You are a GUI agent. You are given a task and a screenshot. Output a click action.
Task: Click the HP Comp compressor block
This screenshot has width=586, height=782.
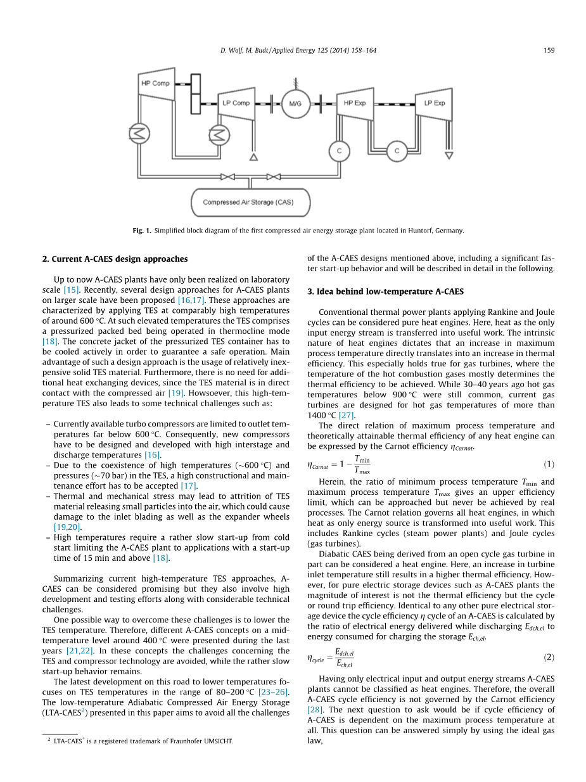pos(156,84)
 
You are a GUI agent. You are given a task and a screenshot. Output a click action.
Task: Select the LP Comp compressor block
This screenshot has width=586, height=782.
pos(236,103)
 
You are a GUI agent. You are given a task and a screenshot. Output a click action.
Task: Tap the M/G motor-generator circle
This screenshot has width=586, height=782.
pos(296,103)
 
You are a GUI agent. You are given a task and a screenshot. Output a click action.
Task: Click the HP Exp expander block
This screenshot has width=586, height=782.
pos(354,103)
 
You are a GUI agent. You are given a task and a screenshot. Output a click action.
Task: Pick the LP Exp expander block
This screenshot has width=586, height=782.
pos(434,103)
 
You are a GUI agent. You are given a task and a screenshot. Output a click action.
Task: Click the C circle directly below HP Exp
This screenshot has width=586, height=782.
pos(339,151)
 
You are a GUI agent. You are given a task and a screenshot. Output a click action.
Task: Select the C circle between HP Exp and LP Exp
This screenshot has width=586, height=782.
pos(397,151)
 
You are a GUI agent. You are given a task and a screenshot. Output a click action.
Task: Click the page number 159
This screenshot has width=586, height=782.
pos(549,50)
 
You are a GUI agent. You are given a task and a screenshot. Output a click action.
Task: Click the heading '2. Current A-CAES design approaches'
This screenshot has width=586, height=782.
pos(115,259)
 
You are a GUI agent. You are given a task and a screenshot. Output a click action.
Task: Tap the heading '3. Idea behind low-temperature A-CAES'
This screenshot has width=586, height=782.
pos(385,292)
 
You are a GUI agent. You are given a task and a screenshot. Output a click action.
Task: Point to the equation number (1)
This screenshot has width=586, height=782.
pos(549,465)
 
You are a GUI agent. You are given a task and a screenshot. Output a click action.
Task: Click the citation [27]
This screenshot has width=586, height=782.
pos(347,415)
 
